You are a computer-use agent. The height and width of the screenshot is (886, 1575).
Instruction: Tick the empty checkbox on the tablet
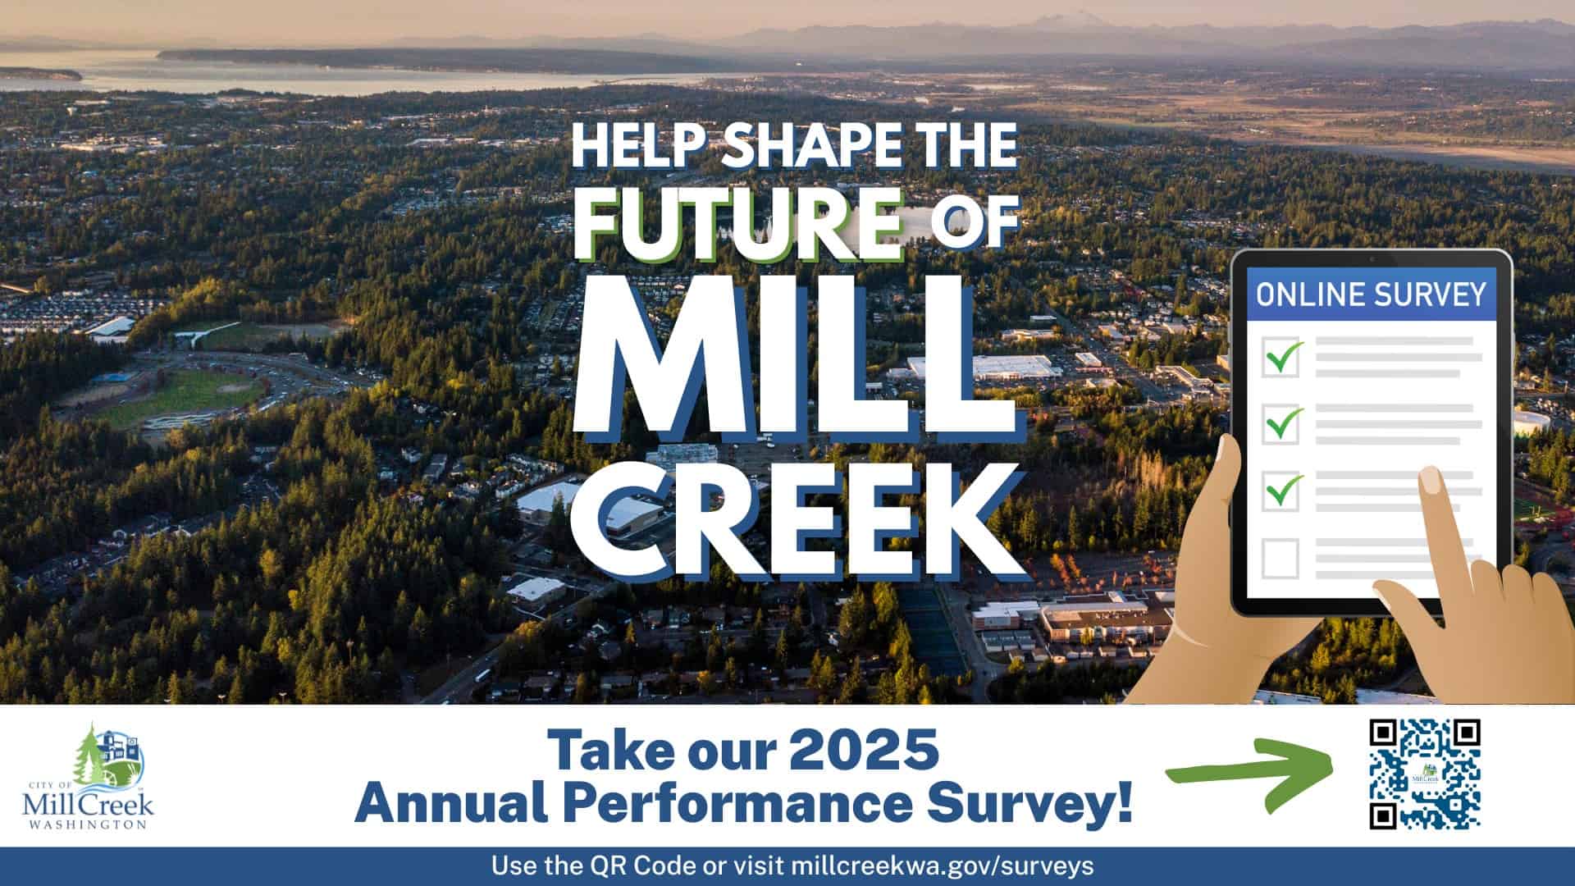1280,558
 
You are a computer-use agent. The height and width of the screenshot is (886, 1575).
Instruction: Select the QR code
1425,773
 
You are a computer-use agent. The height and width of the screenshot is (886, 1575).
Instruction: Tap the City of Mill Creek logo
89,776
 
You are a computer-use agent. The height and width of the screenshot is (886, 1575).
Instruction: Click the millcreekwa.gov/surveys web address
942,865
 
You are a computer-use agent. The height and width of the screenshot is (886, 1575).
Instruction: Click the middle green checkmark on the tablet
1283,423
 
